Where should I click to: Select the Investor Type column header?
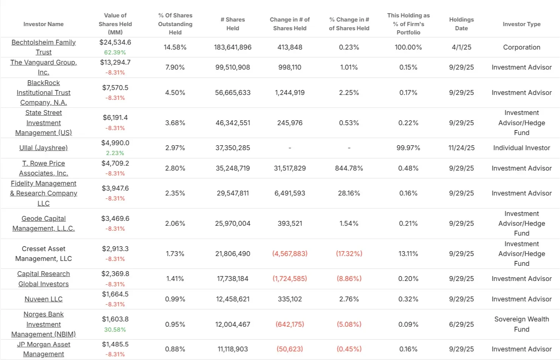pyautogui.click(x=521, y=24)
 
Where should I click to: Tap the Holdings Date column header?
pyautogui.click(x=461, y=24)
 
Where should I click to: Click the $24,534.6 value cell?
pyautogui.click(x=115, y=42)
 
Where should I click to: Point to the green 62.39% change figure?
pyautogui.click(x=115, y=53)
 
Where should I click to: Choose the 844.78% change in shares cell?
pyautogui.click(x=349, y=168)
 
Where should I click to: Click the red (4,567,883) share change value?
pyautogui.click(x=290, y=254)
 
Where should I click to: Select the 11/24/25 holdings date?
pyautogui.click(x=461, y=148)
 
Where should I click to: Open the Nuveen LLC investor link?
pyautogui.click(x=43, y=299)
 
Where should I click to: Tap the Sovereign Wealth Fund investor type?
pyautogui.click(x=521, y=324)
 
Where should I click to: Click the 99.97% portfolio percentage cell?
pyautogui.click(x=408, y=148)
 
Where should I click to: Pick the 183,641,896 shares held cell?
pyautogui.click(x=233, y=47)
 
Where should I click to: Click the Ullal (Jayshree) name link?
pyautogui.click(x=43, y=148)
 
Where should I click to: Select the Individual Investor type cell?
pyautogui.click(x=521, y=148)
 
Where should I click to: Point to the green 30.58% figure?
pyautogui.click(x=115, y=330)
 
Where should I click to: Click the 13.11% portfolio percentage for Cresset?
pyautogui.click(x=408, y=254)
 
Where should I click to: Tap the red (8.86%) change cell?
pyautogui.click(x=349, y=279)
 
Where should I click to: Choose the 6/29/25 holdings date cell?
pyautogui.click(x=461, y=324)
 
